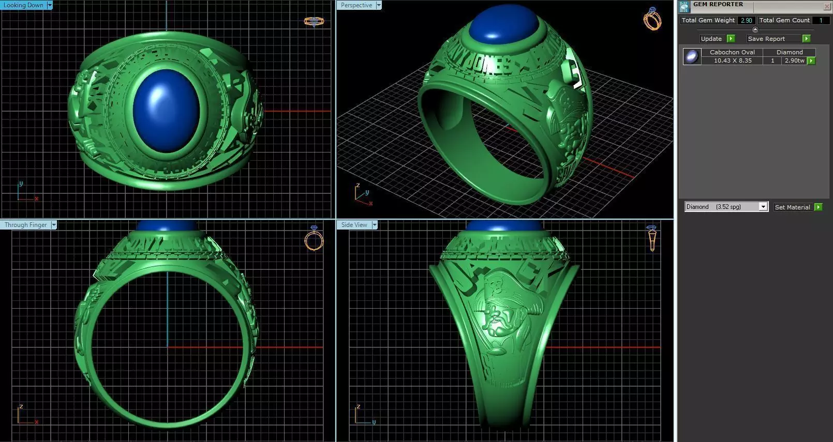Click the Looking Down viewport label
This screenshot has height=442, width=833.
(x=24, y=5)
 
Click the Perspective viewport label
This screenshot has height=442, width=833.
(x=356, y=5)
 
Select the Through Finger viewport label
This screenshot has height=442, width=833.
(x=25, y=225)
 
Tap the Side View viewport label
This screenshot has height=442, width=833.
(x=354, y=225)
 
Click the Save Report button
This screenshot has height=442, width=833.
(x=766, y=39)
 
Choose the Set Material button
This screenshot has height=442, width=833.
(x=792, y=207)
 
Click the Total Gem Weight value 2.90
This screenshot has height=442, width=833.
(x=746, y=20)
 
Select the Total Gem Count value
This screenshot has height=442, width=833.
(x=820, y=20)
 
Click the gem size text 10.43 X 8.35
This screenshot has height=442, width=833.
(x=733, y=60)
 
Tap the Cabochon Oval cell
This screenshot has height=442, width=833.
(x=732, y=52)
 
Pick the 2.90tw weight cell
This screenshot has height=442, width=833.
(x=794, y=60)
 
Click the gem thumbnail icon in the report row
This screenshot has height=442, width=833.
(x=691, y=56)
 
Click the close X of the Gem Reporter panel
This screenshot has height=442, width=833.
(x=826, y=6)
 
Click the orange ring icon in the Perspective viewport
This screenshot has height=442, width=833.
(x=652, y=20)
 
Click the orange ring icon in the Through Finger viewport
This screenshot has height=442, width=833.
(x=314, y=238)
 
